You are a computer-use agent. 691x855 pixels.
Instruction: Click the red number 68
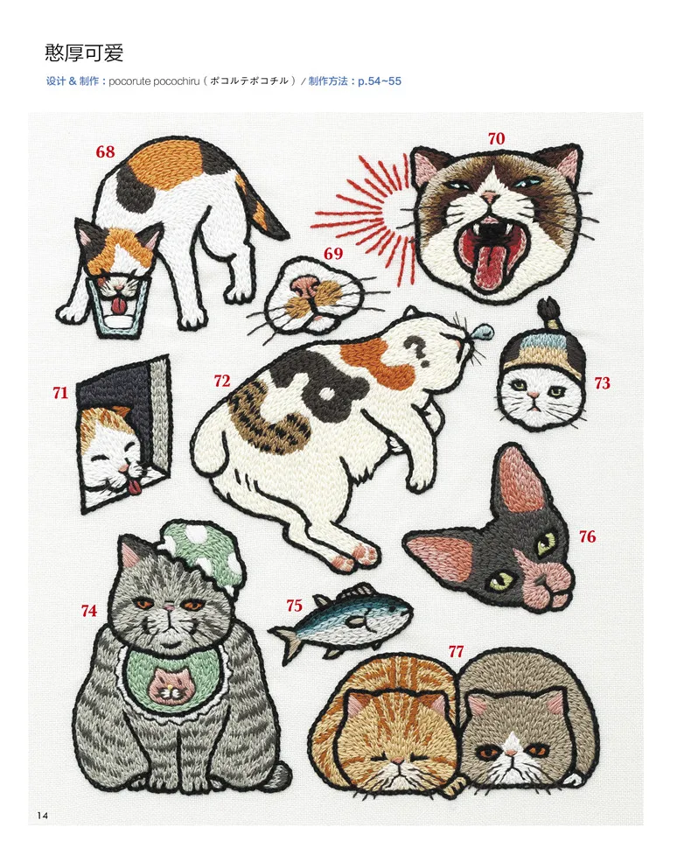105,151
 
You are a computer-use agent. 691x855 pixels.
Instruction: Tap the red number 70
496,138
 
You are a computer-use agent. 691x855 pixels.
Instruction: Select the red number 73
602,382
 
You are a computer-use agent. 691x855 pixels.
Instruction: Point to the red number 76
588,536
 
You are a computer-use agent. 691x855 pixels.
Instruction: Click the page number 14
43,816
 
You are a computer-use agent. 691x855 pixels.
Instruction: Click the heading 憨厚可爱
85,53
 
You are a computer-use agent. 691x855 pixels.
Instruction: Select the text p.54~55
380,81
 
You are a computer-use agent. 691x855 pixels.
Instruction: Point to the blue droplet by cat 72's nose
481,331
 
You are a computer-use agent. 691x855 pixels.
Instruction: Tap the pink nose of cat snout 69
305,284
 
